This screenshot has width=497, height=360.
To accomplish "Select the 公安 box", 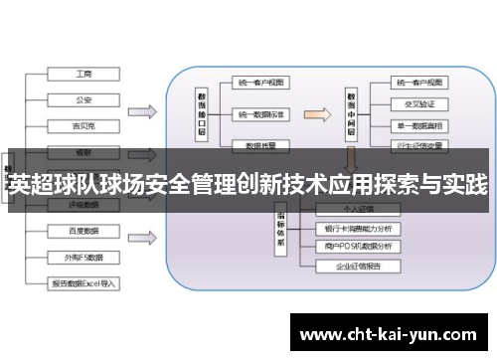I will tap(84, 98).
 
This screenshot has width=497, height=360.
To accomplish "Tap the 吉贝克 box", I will tap(84, 125).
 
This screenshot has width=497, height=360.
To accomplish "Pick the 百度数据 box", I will tap(84, 230).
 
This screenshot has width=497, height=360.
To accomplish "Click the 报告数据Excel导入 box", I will tap(84, 282).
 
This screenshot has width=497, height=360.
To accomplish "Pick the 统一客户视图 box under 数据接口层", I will tap(261, 82).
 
